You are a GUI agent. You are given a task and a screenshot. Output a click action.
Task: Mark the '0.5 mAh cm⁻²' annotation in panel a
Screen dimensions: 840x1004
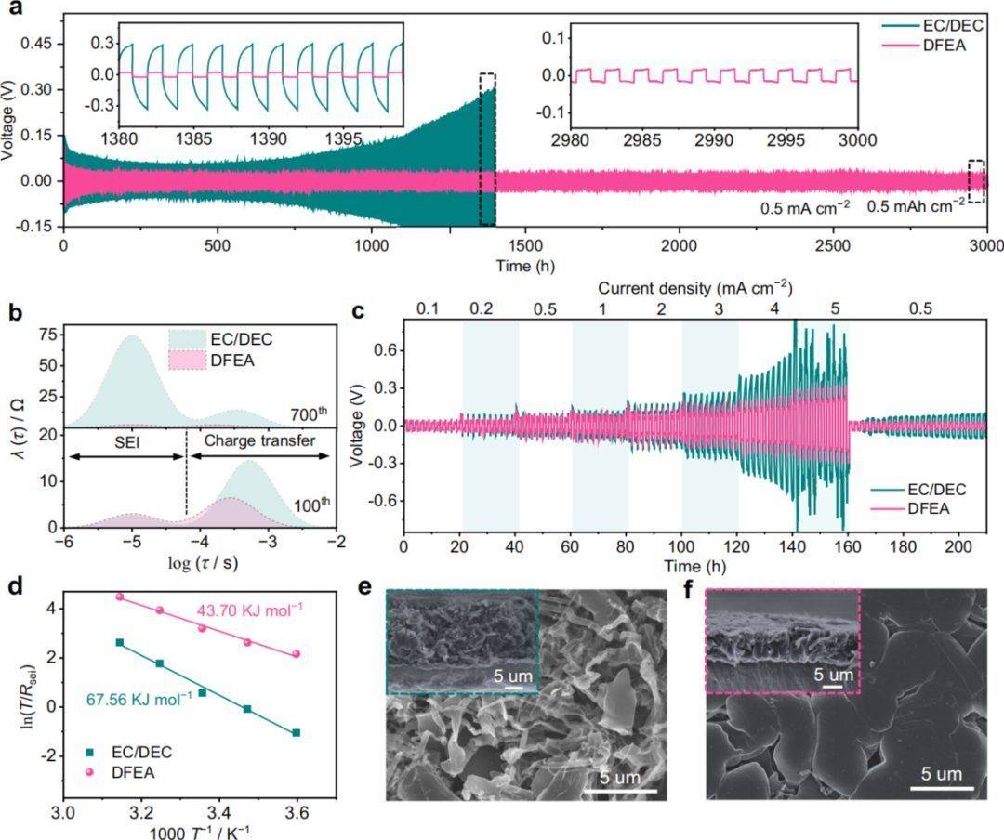916,207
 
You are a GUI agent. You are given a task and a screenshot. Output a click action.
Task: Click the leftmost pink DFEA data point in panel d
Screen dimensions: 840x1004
119,597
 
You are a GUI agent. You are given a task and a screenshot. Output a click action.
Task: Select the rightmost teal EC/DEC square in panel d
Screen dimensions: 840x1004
297,733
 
